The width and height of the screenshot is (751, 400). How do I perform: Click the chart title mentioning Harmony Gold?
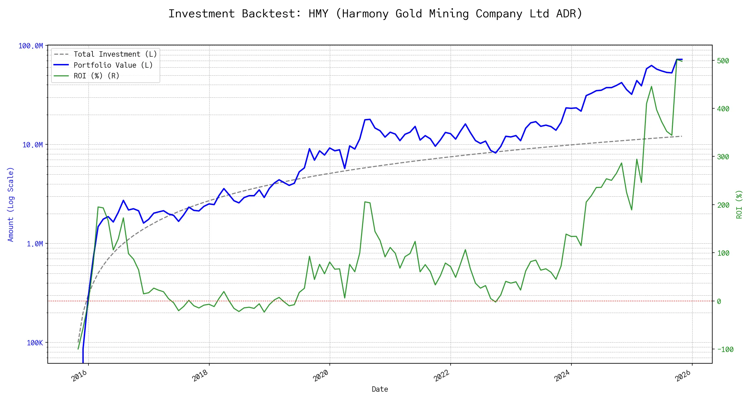375,14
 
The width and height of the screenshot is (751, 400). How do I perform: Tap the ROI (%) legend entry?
96,76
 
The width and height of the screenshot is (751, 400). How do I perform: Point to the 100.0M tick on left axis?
31,46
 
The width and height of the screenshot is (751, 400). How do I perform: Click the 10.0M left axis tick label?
33,145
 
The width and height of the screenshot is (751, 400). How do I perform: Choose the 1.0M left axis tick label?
35,244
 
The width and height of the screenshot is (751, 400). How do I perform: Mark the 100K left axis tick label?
35,343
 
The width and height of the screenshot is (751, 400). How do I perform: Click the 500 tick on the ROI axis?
723,61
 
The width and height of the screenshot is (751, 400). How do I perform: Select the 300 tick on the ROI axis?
723,157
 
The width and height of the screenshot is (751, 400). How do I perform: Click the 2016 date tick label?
79,376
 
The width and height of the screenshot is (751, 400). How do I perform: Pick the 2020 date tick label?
321,376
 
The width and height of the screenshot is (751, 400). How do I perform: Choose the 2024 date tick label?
562,376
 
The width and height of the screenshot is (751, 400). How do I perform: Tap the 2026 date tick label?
683,376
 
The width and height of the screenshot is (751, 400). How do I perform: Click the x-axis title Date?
380,389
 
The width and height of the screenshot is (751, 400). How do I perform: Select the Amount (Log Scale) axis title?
11,204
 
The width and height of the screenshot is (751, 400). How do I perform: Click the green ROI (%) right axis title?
739,204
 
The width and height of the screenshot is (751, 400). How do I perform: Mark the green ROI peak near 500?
677,60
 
